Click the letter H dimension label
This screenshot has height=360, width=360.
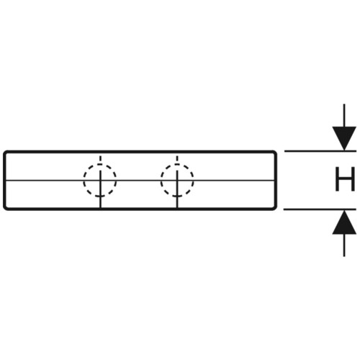click(345, 179)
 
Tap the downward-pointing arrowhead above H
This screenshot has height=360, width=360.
click(344, 138)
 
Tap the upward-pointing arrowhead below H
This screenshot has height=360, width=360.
click(344, 222)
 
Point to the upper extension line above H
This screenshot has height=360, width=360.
click(320, 151)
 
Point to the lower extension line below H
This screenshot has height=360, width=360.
click(320, 210)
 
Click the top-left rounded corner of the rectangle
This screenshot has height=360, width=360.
click(5, 153)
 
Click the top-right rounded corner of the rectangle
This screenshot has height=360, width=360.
click(274, 153)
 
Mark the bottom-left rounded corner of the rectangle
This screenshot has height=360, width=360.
click(5, 208)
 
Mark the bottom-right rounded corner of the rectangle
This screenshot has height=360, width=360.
click(274, 208)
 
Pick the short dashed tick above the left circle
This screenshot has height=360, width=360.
click(100, 158)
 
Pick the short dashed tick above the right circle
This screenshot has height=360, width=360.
click(177, 158)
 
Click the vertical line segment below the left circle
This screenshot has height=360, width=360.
click(100, 202)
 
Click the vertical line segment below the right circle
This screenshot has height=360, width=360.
click(177, 202)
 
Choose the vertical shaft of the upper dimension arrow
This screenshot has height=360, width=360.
click(344, 115)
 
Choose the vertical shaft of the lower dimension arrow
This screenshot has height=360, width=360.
click(344, 245)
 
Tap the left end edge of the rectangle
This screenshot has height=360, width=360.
click(4, 181)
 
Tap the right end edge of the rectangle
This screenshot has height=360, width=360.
click(276, 181)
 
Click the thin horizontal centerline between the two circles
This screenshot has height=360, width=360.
click(138, 180)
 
